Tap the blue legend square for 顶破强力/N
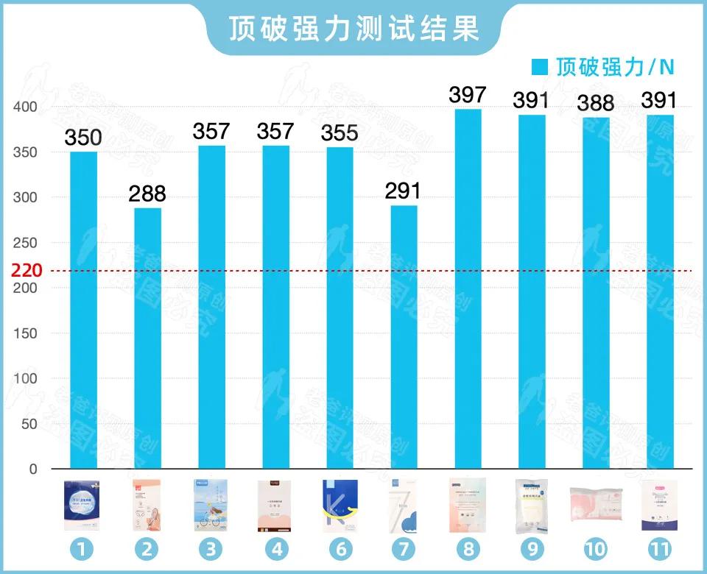point(541,68)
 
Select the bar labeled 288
point(147,338)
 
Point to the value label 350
point(83,138)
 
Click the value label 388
point(596,104)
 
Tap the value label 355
point(340,133)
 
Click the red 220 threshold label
point(27,270)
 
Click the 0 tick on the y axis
point(32,469)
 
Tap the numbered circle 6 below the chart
point(340,548)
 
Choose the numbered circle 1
point(83,548)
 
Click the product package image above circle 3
point(211,506)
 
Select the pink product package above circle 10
point(596,506)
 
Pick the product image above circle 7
point(404,506)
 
